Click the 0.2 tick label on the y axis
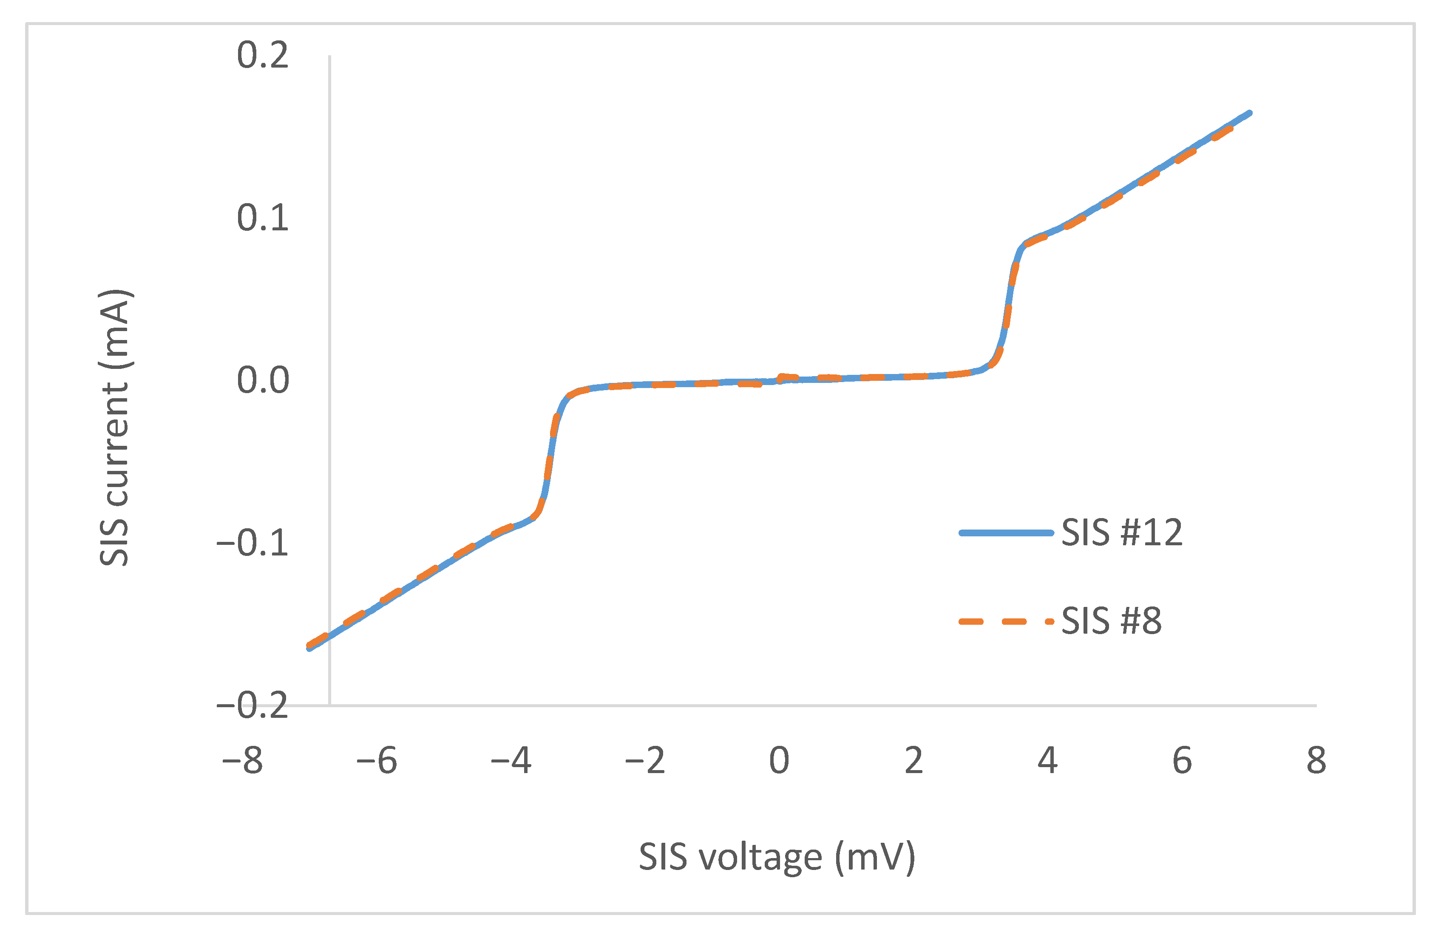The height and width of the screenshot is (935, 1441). coord(263,56)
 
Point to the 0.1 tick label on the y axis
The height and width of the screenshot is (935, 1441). coord(263,218)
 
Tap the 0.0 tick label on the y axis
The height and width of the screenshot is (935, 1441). coord(263,381)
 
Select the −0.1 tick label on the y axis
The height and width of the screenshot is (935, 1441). coord(252,543)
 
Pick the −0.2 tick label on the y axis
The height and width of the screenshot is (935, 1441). coord(252,705)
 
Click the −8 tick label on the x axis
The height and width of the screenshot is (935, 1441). coord(242,761)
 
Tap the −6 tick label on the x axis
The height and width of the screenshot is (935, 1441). coord(377,761)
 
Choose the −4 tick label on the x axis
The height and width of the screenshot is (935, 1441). coord(511,761)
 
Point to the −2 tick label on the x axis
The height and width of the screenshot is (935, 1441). coord(645,761)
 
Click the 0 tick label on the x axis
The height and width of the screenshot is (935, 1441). coord(779,761)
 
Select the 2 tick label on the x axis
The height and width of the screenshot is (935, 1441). coord(913,761)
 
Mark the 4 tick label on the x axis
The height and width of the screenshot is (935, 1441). coord(1047,761)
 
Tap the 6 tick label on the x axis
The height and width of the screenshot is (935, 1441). coord(1182,761)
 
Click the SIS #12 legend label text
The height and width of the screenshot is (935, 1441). coord(1121,533)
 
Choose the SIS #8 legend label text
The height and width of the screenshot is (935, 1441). coord(1111,621)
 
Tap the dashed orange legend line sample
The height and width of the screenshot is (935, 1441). coord(1006,621)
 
